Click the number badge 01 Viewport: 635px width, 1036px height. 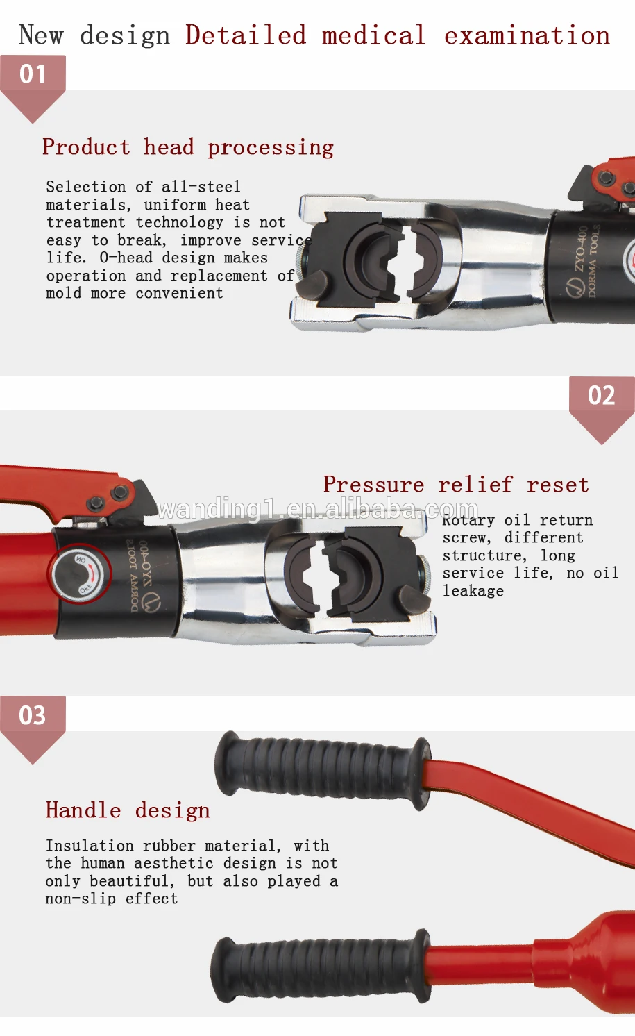33,74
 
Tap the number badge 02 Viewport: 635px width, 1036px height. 601,396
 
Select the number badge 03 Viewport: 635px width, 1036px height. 33,716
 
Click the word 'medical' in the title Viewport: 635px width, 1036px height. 373,35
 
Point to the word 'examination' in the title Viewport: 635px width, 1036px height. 527,35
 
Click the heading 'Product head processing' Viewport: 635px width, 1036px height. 188,147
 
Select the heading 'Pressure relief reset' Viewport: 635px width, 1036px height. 456,485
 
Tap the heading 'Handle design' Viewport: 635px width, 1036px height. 128,810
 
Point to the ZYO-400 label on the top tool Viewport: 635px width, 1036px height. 580,251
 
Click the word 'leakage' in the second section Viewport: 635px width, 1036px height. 473,591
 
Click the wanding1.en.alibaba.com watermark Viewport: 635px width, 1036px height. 318,510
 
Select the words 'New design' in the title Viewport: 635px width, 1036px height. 94,35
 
